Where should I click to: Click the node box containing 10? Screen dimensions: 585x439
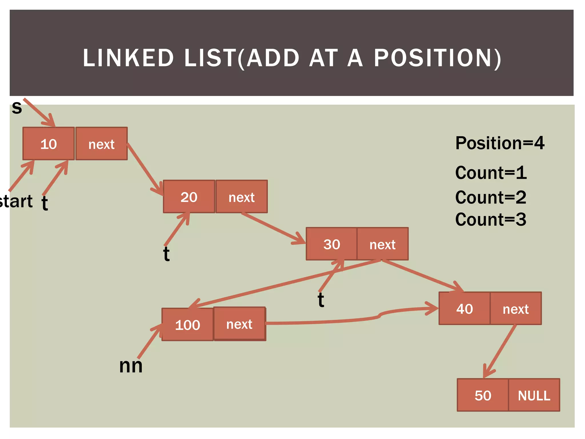point(49,144)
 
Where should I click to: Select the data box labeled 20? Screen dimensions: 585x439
point(189,197)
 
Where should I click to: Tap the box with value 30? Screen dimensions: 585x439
point(331,244)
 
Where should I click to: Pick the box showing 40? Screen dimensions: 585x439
point(464,309)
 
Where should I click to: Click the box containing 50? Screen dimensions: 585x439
point(483,395)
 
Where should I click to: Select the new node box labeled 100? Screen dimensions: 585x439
point(187,325)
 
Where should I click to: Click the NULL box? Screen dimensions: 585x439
point(534,395)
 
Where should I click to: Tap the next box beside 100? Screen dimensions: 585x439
point(239,324)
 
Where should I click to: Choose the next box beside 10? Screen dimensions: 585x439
point(101,144)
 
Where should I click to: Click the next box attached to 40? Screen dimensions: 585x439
point(516,309)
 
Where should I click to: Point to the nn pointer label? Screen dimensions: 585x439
point(131,366)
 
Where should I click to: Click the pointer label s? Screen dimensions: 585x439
point(17,107)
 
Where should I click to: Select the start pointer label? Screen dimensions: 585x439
point(16,201)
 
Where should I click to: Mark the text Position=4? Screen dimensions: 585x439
point(500,143)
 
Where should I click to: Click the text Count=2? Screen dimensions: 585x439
point(490,197)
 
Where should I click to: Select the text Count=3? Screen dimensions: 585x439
point(490,219)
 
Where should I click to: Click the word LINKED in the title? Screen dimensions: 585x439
point(128,58)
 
